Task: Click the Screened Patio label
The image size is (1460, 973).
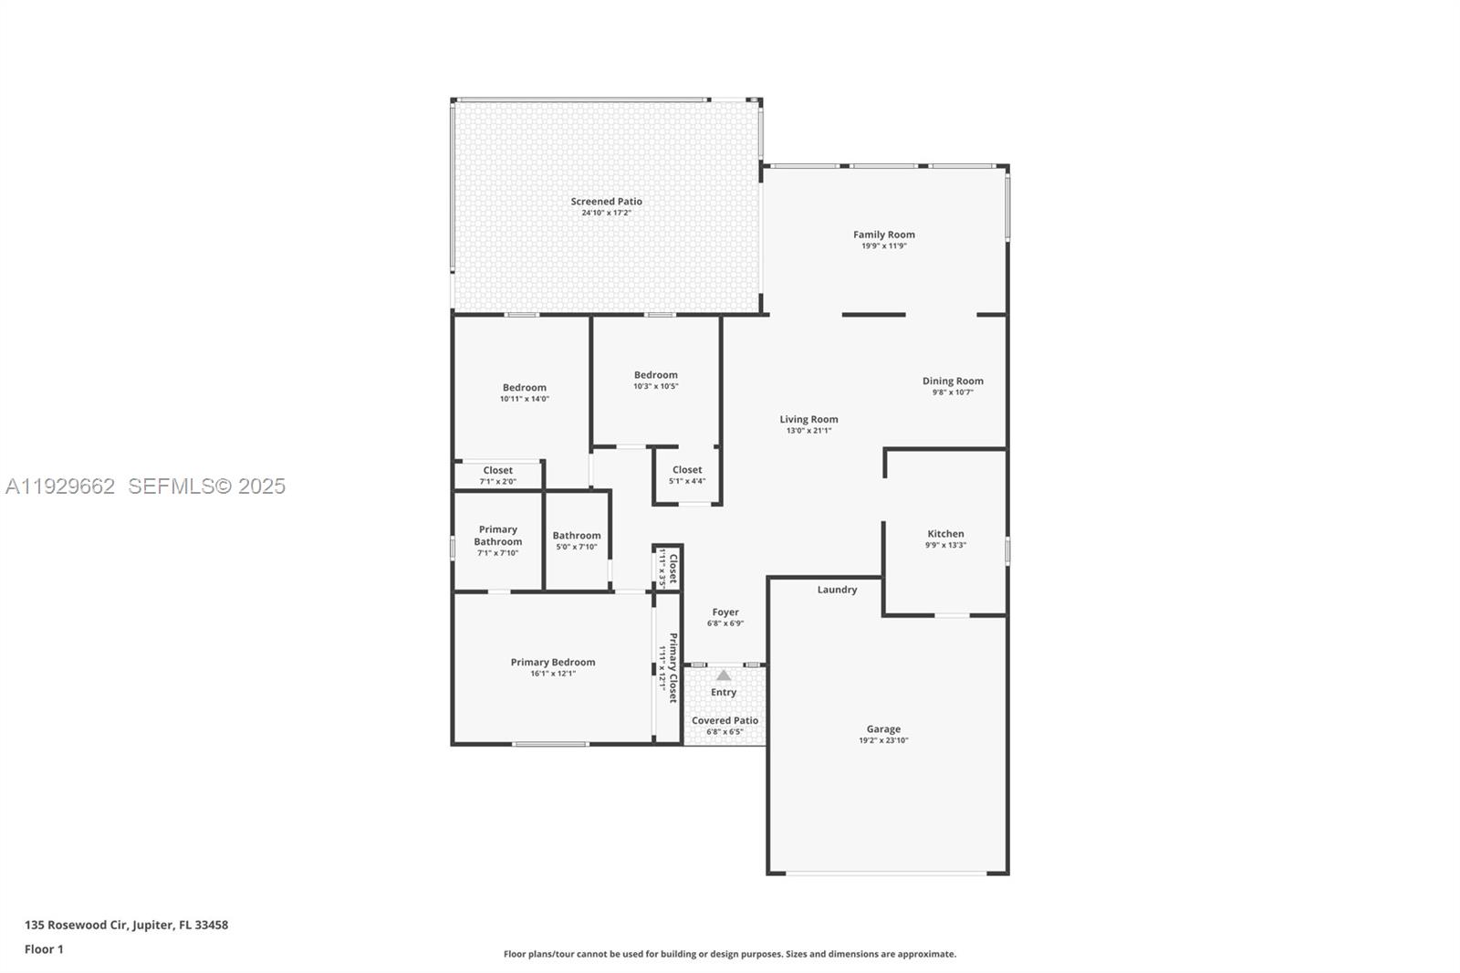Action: (x=606, y=202)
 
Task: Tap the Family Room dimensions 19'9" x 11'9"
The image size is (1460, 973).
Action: (x=883, y=246)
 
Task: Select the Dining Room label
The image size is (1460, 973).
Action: (x=953, y=382)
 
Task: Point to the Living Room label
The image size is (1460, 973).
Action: (x=808, y=420)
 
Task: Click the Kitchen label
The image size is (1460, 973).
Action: (x=945, y=534)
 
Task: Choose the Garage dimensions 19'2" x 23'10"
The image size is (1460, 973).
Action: (x=883, y=740)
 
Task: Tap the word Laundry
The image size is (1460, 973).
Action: (x=837, y=590)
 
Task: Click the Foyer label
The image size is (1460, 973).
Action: (x=725, y=612)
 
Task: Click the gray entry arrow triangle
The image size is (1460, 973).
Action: (x=724, y=675)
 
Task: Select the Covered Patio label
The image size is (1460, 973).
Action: (x=725, y=720)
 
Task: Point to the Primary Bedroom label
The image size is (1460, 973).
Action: (x=553, y=663)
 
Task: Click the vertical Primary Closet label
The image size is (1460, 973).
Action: (x=673, y=668)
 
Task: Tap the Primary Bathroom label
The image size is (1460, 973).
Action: (x=498, y=536)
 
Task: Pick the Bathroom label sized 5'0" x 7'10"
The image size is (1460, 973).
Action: (x=577, y=536)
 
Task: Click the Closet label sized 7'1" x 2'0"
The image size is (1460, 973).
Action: (x=498, y=470)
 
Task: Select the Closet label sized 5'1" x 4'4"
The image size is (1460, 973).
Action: (x=687, y=470)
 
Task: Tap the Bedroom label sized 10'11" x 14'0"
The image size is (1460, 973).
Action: (x=524, y=388)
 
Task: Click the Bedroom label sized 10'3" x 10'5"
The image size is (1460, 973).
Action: (x=656, y=375)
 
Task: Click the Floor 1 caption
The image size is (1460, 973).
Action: (x=44, y=949)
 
